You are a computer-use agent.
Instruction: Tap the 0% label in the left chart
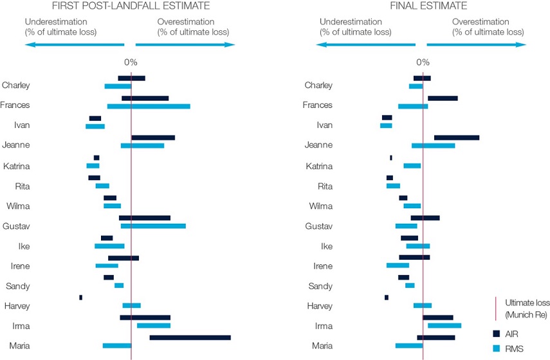131,62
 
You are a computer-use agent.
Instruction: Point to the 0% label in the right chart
423,62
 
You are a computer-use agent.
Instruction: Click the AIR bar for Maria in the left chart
190,337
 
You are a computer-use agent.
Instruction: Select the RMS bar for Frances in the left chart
149,106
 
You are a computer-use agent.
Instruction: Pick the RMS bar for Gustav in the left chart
153,226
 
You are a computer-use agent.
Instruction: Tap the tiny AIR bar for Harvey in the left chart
80,297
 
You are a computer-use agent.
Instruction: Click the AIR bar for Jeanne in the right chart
457,138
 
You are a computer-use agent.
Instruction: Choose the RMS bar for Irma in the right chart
445,326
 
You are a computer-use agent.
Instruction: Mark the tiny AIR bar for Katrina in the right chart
390,157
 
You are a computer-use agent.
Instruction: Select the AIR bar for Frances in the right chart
443,98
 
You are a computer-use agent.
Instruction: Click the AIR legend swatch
496,334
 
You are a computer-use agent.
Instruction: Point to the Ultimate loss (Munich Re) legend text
526,308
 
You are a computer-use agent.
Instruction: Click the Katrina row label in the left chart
16,166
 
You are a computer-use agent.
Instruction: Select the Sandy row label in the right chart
320,286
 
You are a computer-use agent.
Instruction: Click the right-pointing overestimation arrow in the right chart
477,45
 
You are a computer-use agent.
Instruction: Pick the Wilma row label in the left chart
17,206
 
